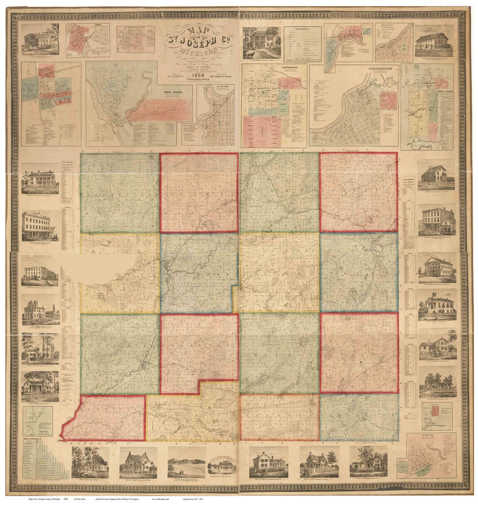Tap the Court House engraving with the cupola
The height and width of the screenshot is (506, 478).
pos(40,311)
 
